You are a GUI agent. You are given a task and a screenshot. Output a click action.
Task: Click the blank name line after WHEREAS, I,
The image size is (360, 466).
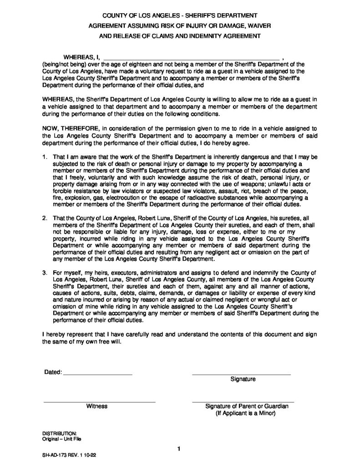click(x=192, y=59)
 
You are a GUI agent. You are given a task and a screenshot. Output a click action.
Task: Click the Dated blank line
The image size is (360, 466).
click(x=97, y=374)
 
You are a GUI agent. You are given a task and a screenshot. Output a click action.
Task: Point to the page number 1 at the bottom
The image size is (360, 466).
click(x=180, y=450)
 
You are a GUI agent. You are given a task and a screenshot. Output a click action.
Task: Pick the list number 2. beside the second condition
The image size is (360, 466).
click(x=45, y=218)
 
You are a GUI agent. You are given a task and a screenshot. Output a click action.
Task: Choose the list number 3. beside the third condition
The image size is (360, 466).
click(x=45, y=272)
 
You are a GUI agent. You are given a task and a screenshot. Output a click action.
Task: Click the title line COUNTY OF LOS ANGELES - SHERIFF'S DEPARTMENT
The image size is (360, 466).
click(x=179, y=15)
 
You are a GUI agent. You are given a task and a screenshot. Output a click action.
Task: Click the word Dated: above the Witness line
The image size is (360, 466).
click(x=53, y=372)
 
